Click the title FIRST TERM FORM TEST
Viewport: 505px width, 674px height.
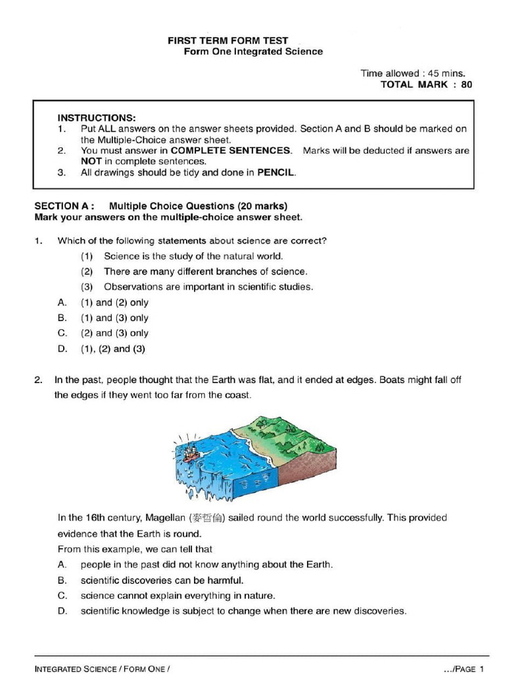[228, 40]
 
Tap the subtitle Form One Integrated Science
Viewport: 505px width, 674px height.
[252, 51]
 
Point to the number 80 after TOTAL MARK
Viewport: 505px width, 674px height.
[466, 84]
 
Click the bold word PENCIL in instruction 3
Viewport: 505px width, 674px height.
[276, 173]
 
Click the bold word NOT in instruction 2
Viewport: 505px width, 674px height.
[91, 161]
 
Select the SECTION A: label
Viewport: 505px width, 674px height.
[65, 205]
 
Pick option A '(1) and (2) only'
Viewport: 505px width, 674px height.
[114, 303]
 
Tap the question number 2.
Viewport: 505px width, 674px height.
[38, 380]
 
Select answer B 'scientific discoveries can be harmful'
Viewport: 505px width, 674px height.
[162, 581]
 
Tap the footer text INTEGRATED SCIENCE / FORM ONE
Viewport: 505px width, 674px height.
[102, 668]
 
